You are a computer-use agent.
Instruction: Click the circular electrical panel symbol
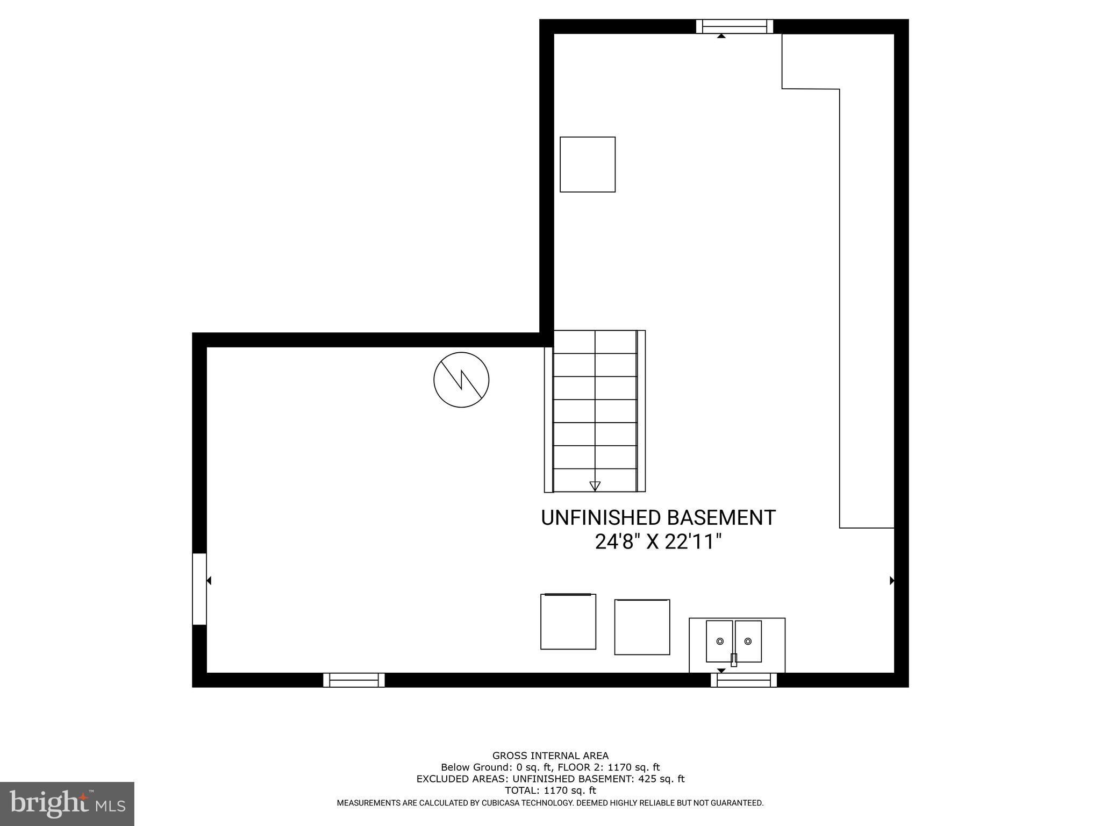click(x=461, y=380)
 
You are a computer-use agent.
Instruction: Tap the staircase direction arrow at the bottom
click(x=595, y=486)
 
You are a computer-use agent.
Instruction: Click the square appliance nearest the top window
click(x=588, y=165)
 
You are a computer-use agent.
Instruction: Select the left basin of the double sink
click(x=719, y=641)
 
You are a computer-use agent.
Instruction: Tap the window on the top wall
click(x=734, y=26)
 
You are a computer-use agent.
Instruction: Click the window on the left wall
click(x=199, y=589)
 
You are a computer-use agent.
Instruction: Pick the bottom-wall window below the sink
click(x=743, y=680)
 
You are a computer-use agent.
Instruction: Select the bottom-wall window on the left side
click(x=354, y=680)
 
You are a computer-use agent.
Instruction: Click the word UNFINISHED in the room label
click(x=600, y=518)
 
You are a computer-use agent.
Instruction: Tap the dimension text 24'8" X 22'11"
click(x=657, y=542)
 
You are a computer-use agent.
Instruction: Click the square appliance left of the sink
click(x=642, y=627)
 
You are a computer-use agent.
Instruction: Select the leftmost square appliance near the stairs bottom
click(x=568, y=622)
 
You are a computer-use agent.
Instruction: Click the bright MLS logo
click(x=67, y=803)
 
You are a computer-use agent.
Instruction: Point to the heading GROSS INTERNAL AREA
click(x=550, y=756)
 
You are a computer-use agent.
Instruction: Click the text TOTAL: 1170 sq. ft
click(x=550, y=791)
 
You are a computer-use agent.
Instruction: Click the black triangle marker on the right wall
click(x=892, y=581)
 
